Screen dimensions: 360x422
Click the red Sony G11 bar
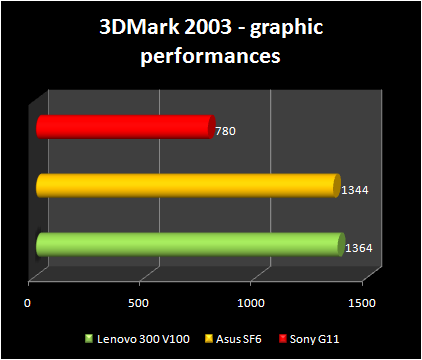(125, 127)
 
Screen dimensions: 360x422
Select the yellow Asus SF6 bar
(187, 186)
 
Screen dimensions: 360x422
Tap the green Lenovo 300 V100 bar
(190, 245)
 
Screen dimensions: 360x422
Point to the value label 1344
(355, 188)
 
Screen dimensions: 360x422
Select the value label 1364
(358, 247)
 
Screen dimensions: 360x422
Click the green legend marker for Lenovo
(88, 337)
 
